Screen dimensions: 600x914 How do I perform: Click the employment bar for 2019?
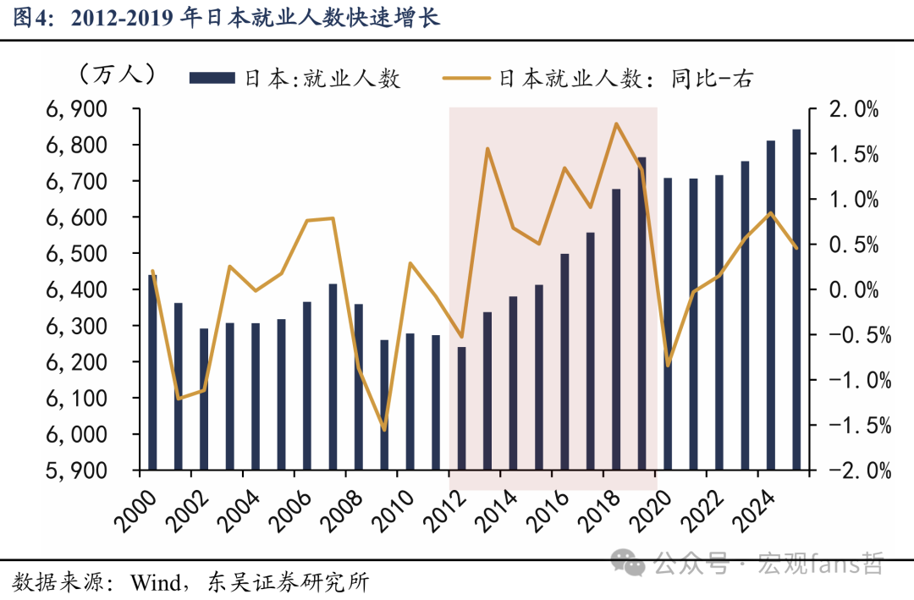click(x=641, y=313)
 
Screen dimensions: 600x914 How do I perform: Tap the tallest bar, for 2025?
click(x=796, y=300)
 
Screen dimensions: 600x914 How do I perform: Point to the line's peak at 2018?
click(x=616, y=124)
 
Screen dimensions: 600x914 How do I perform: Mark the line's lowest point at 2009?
click(x=384, y=430)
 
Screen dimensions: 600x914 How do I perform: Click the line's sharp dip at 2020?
click(x=668, y=365)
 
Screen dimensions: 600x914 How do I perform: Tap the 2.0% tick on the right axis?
click(x=855, y=109)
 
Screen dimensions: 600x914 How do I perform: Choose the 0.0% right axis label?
click(x=855, y=289)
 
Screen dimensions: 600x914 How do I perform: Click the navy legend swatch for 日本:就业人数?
click(x=212, y=79)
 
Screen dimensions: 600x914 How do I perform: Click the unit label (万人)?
click(x=117, y=75)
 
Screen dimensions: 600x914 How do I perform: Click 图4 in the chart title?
click(x=30, y=18)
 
